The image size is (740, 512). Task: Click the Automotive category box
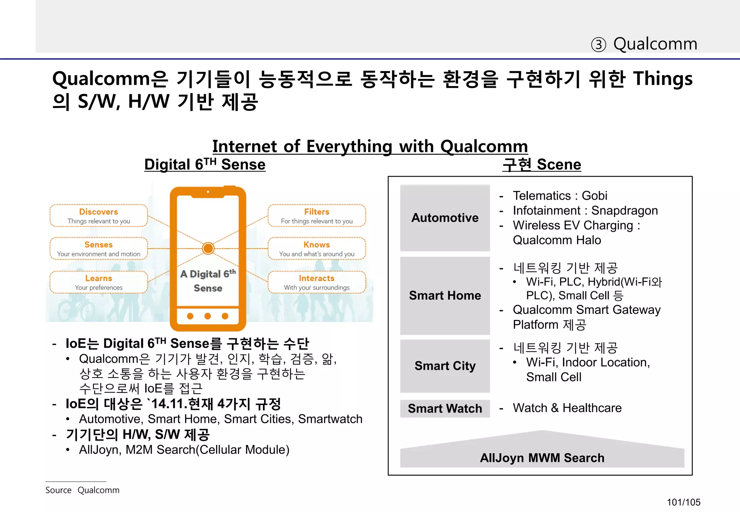(x=445, y=218)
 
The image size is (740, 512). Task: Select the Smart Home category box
(x=445, y=295)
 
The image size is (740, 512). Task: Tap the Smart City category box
(x=445, y=366)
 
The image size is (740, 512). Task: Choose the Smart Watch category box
(x=445, y=408)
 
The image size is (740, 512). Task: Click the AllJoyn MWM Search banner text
(x=542, y=458)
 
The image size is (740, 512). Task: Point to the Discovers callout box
(x=99, y=216)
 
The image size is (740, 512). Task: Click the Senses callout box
(x=99, y=249)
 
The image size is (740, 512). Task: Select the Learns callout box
(x=99, y=282)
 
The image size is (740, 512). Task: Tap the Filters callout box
(x=317, y=216)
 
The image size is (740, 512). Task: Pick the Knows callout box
(x=317, y=249)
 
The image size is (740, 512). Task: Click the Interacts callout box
(x=317, y=282)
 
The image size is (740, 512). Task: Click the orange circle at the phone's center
(x=208, y=248)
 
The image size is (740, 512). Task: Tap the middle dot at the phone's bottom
(x=207, y=316)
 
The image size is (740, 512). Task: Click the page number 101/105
(x=683, y=502)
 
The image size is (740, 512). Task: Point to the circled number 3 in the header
(x=598, y=45)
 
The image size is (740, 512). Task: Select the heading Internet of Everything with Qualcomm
(x=370, y=147)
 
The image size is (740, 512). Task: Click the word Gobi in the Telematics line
(x=594, y=196)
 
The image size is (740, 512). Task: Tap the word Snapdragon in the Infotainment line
(x=624, y=211)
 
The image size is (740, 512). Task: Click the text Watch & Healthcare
(x=567, y=408)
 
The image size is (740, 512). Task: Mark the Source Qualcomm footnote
(x=82, y=490)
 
